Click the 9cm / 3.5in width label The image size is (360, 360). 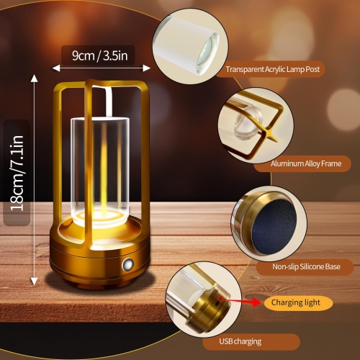pyautogui.click(x=101, y=54)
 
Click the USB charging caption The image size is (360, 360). pyautogui.click(x=241, y=341)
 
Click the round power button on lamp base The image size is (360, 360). pyautogui.click(x=132, y=264)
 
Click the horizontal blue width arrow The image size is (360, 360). pyautogui.click(x=101, y=67)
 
